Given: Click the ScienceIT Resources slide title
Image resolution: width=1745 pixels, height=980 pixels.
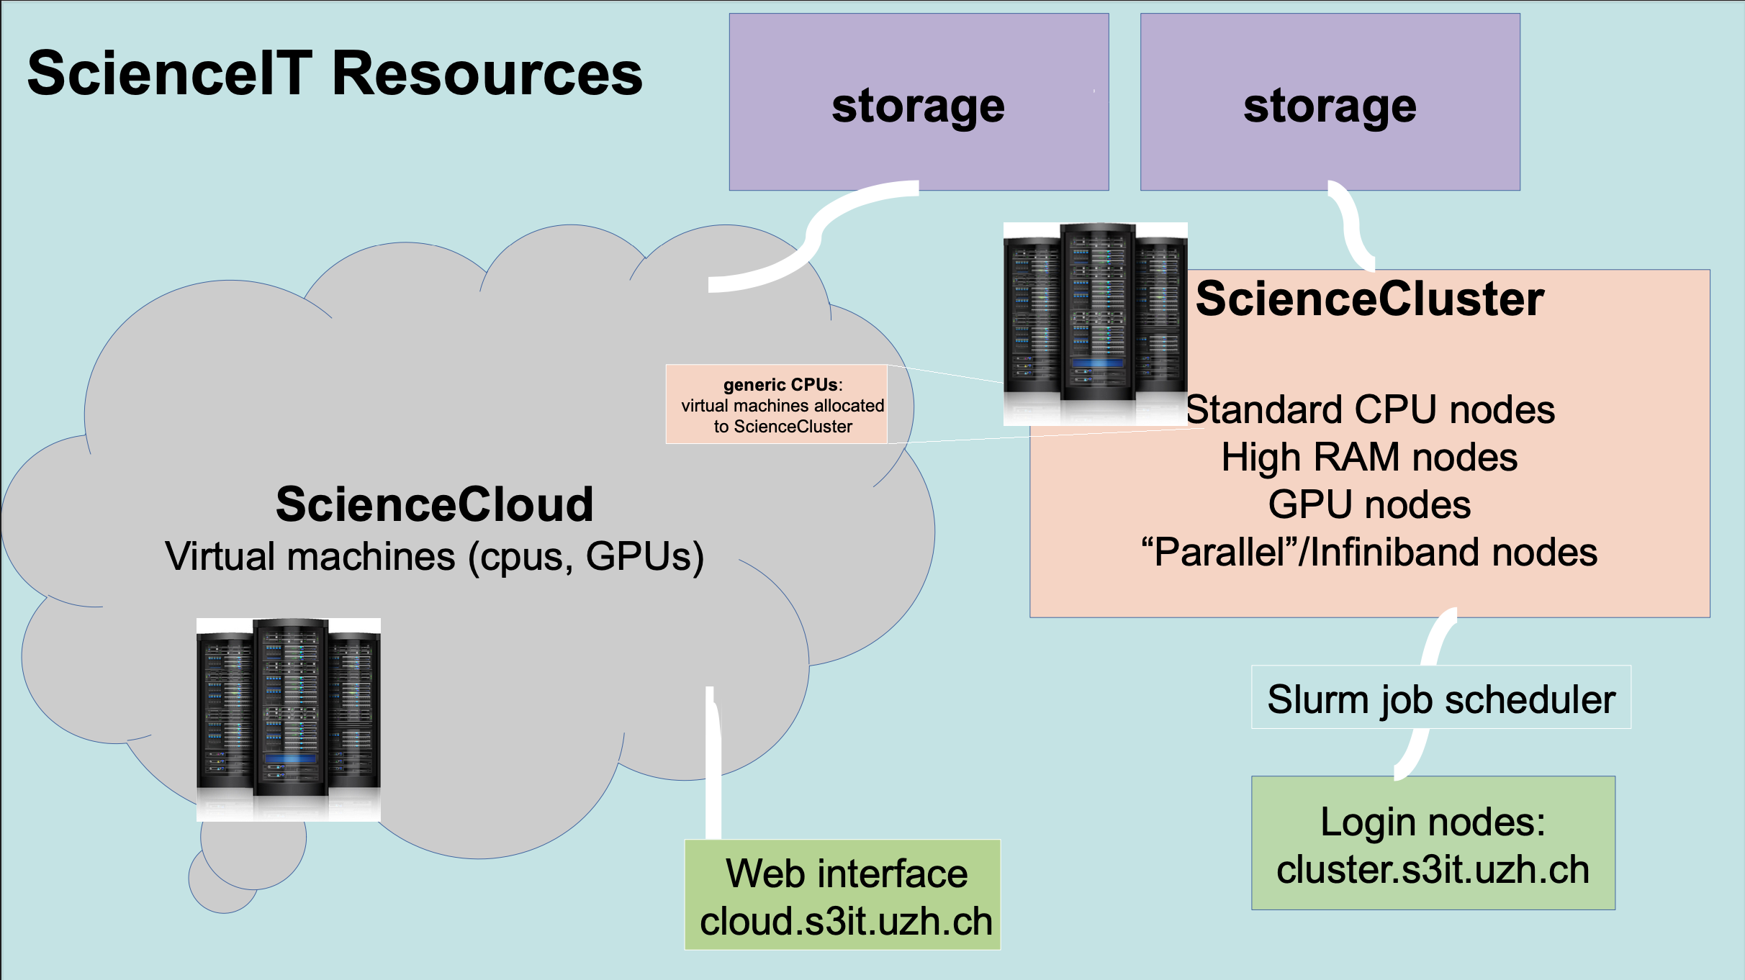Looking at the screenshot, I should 335,73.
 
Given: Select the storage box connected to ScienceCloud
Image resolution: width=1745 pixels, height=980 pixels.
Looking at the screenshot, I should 919,101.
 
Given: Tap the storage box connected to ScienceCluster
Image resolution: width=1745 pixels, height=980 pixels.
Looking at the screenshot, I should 1330,101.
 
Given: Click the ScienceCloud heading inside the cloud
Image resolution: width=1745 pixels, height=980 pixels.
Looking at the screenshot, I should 434,504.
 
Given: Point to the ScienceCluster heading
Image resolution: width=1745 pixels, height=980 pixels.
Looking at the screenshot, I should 1369,299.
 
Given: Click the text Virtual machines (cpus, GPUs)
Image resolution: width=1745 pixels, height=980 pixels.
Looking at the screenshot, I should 434,556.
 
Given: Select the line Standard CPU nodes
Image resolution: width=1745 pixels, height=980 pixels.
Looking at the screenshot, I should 1370,409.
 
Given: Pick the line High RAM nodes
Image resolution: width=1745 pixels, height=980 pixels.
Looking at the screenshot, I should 1369,457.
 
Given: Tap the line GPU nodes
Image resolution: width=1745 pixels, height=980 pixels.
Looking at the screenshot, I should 1369,504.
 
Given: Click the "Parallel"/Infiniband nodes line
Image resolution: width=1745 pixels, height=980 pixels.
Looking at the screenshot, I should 1369,553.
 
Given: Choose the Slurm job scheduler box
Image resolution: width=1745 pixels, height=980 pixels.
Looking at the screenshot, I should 1441,698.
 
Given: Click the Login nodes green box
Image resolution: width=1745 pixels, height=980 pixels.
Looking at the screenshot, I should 1433,843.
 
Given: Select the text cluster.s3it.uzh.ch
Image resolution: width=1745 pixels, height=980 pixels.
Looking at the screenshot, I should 1433,869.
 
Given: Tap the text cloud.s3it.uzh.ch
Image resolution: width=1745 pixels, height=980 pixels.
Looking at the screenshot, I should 846,922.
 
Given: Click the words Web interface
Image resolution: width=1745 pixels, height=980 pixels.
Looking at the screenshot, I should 846,874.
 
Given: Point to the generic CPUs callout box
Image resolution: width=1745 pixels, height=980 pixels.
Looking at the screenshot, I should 777,404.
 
